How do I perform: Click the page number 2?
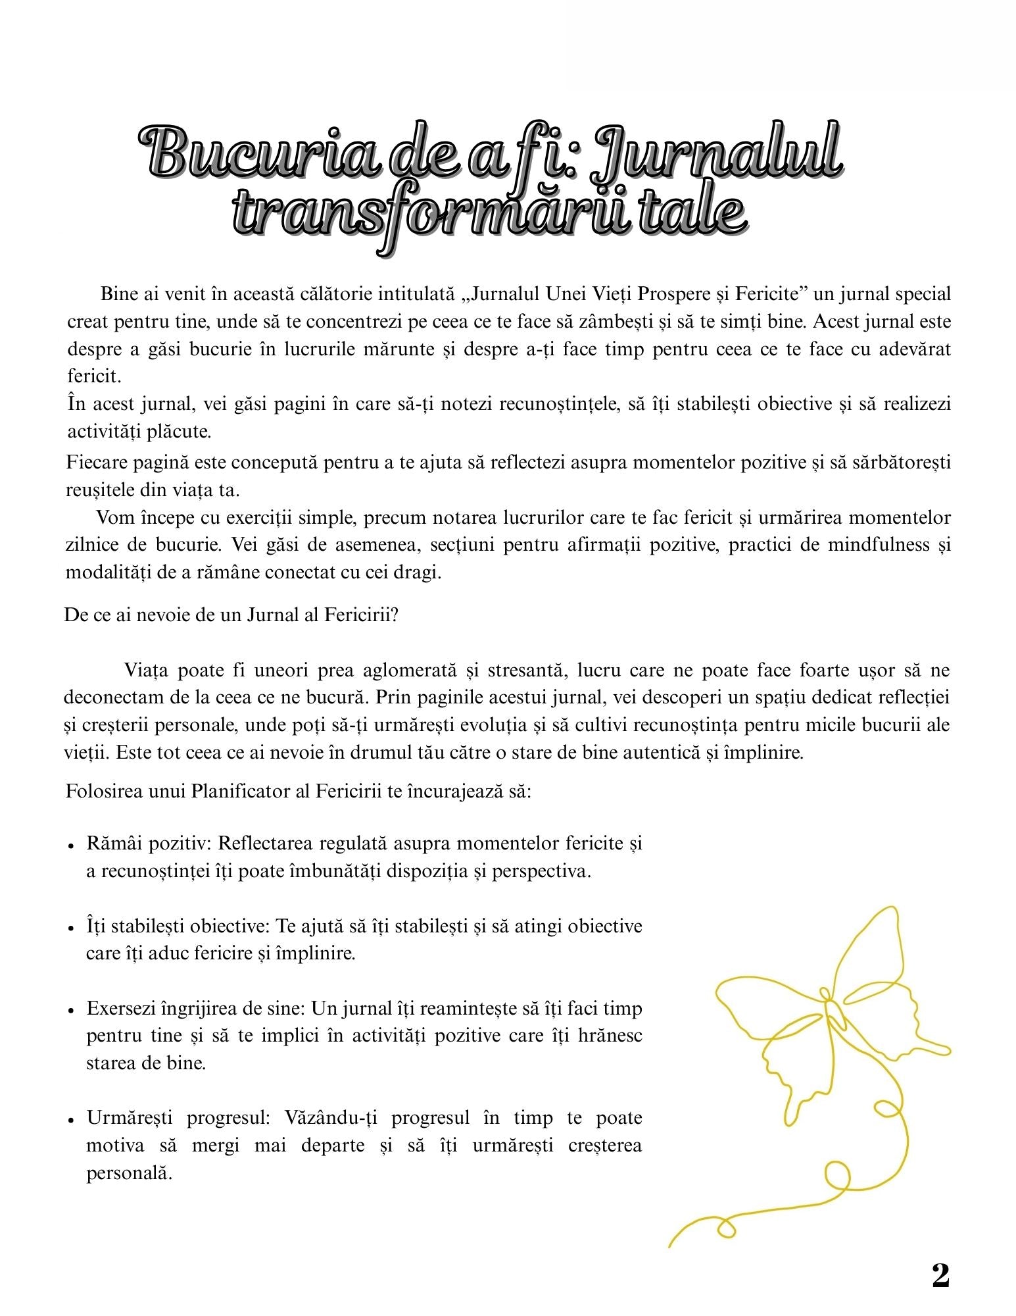[x=940, y=1276]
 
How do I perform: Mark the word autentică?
[x=661, y=752]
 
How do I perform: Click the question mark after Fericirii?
[x=394, y=615]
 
